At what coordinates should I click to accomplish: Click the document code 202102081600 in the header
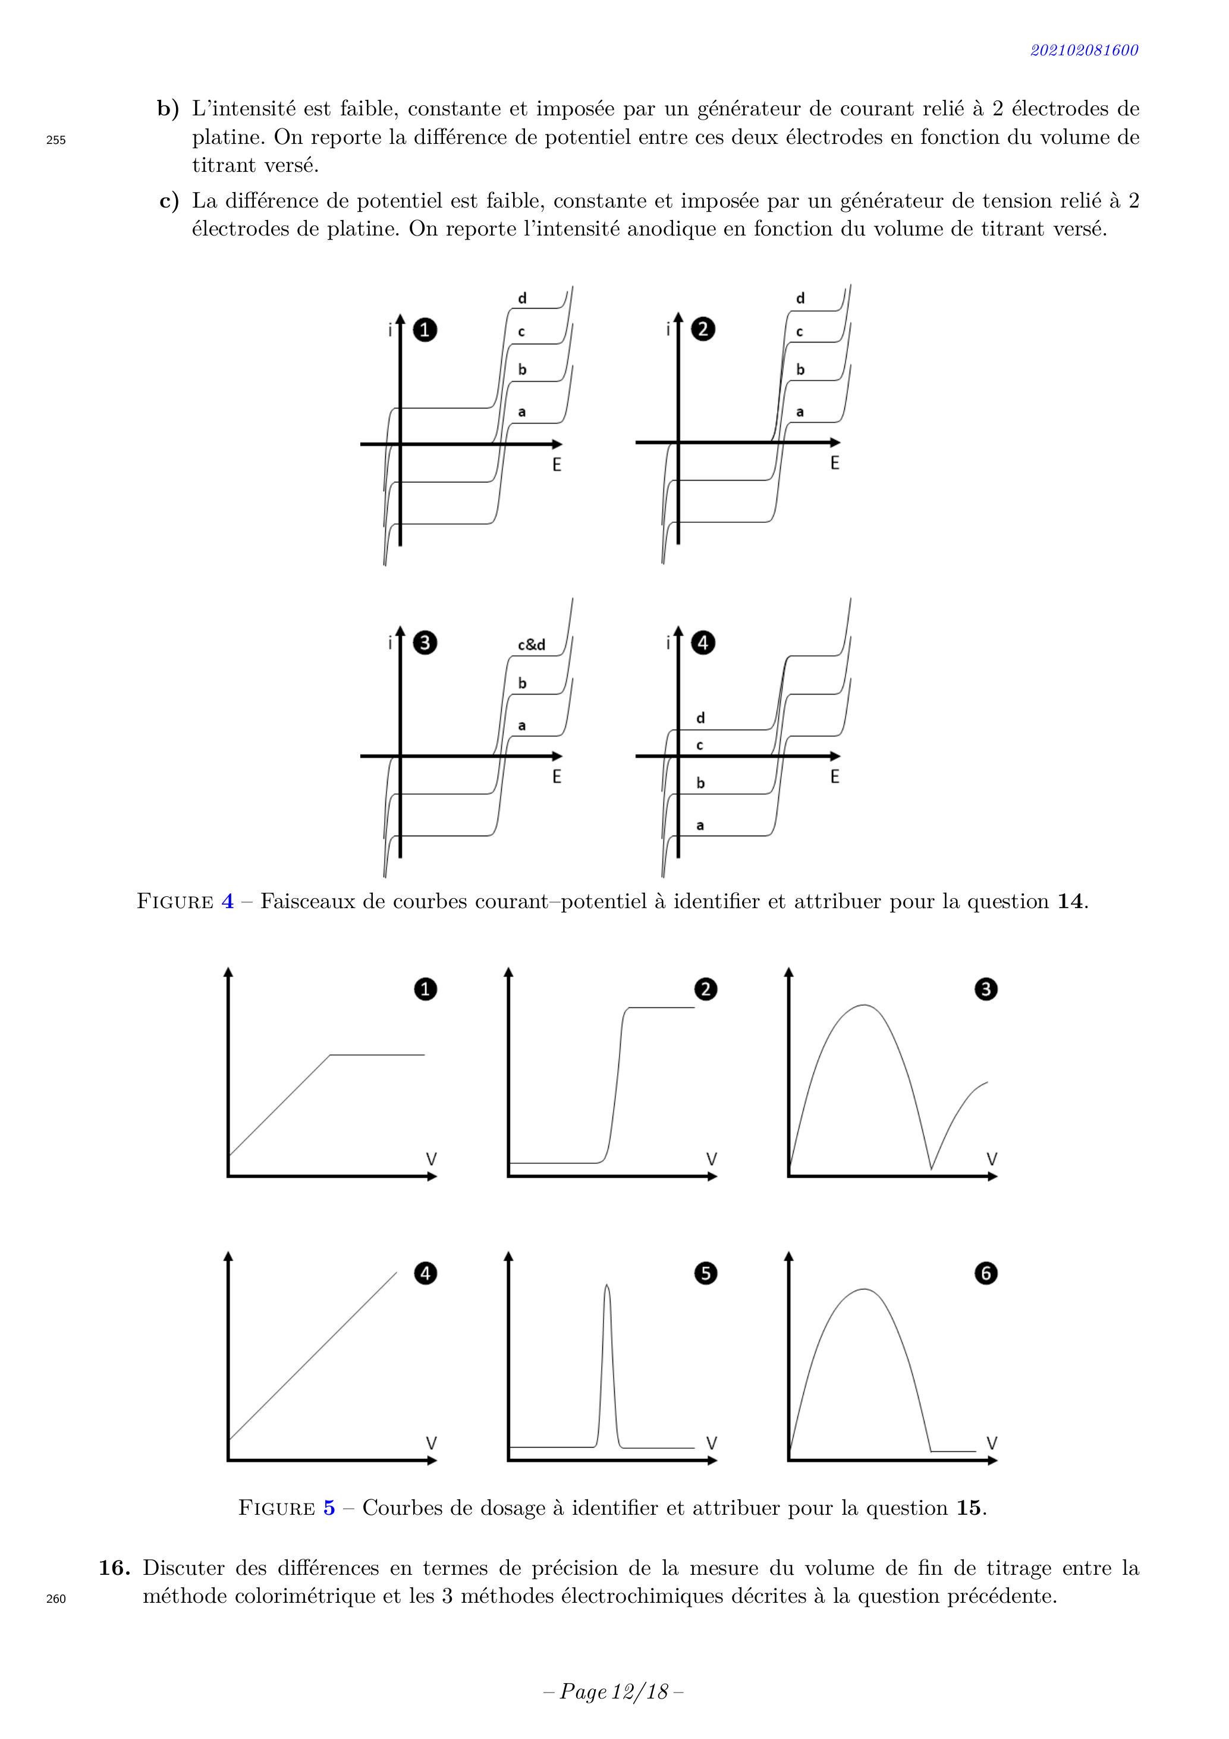(1083, 50)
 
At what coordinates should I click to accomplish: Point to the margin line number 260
(56, 1599)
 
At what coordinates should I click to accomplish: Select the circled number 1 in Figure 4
(425, 330)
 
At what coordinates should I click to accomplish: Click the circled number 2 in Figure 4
(703, 329)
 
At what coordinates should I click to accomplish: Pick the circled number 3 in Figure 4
(425, 643)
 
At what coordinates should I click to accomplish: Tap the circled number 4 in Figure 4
(703, 643)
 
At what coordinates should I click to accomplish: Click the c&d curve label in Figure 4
(531, 645)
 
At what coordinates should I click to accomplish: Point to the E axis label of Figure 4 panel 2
(834, 463)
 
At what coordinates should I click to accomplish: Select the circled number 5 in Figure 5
(706, 1273)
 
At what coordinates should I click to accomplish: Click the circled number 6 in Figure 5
(986, 1273)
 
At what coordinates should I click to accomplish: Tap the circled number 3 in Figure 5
(986, 989)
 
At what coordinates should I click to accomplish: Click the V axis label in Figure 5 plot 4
(432, 1443)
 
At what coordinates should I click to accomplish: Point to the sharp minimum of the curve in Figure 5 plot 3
(931, 1168)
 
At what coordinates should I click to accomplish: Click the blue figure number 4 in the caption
(227, 901)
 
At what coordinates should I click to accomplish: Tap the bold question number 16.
(114, 1568)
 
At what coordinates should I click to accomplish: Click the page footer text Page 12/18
(614, 1692)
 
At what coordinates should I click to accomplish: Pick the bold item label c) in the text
(169, 202)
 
